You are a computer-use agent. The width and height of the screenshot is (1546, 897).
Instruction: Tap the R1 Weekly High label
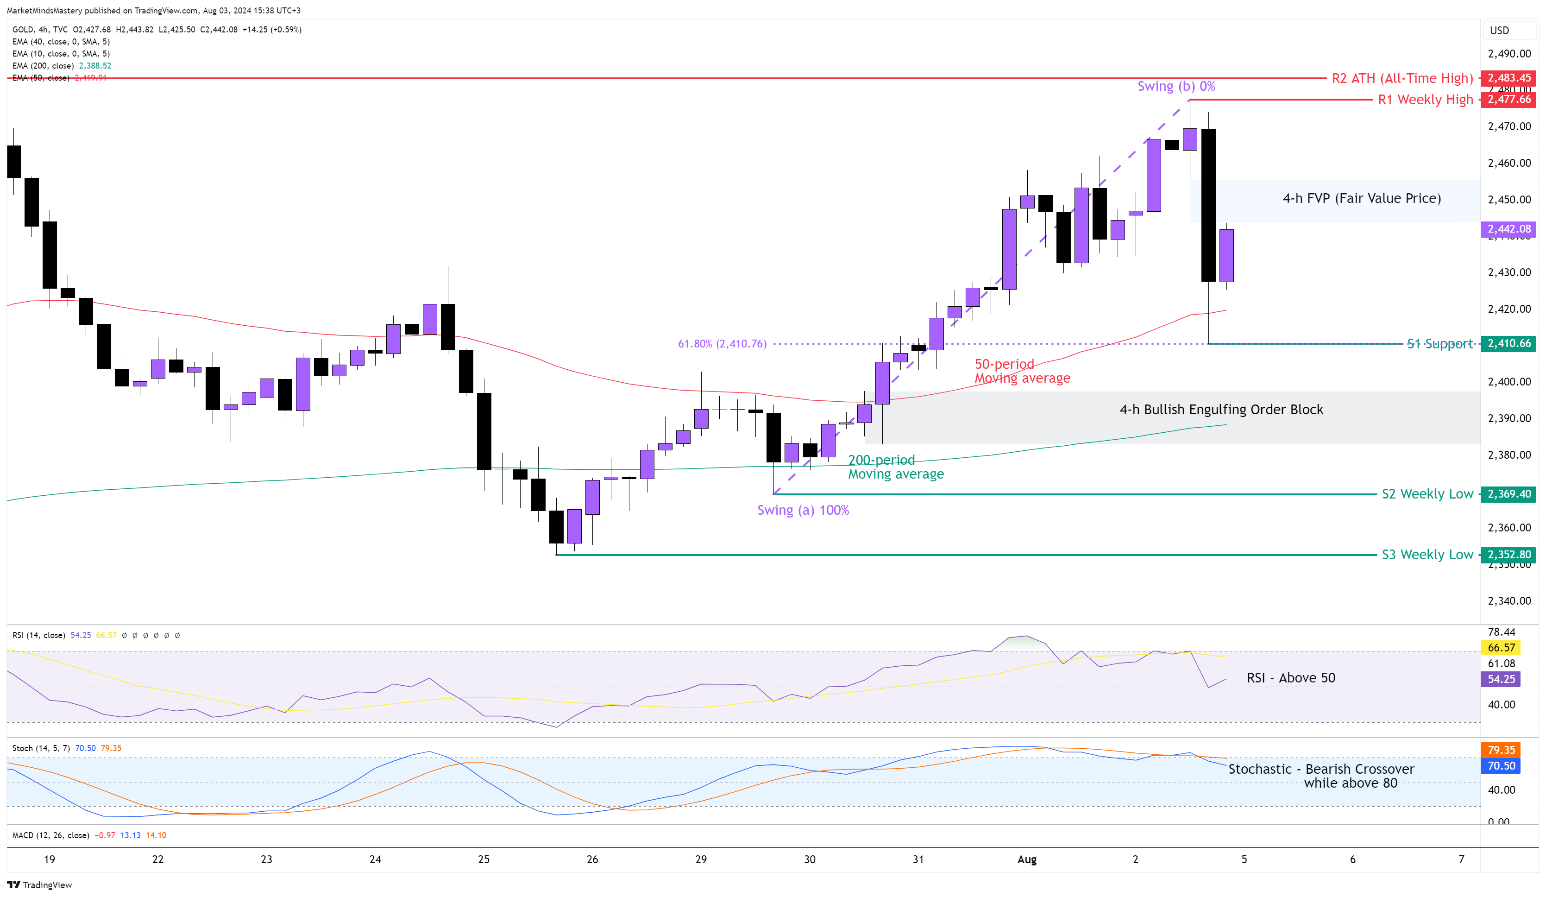1425,100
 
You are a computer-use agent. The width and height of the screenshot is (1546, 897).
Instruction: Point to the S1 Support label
1439,344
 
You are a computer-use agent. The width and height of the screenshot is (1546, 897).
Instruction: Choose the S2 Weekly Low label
1427,494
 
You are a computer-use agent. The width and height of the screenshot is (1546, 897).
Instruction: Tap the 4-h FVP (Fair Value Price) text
1361,198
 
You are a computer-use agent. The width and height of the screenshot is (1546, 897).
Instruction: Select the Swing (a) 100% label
803,510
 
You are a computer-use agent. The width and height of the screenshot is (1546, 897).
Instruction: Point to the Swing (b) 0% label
1175,86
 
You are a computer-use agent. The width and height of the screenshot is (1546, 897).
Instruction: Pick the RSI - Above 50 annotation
1291,677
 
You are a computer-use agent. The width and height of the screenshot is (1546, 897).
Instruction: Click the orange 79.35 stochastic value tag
1501,750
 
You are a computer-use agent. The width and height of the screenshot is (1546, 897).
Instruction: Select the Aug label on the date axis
1026,859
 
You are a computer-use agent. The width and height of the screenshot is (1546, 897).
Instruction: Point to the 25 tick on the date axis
484,859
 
